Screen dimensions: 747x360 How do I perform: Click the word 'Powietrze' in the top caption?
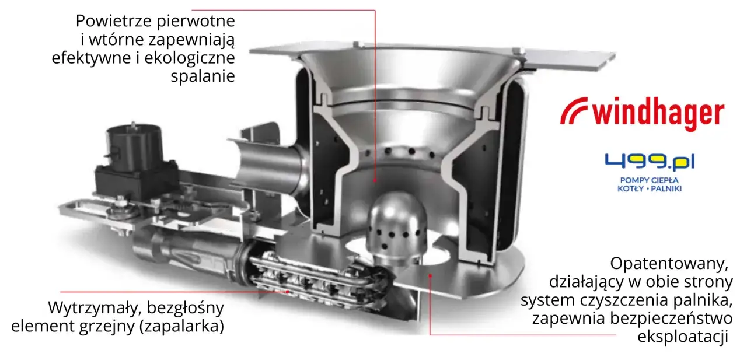tap(114, 20)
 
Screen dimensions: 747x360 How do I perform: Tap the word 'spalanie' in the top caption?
tap(203, 76)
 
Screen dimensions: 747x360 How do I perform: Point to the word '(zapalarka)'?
tap(181, 326)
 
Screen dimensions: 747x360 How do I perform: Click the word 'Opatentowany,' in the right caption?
tap(669, 264)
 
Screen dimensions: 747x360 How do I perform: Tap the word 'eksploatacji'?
tap(683, 337)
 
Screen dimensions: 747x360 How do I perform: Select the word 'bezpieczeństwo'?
tap(671, 319)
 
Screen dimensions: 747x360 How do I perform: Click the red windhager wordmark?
tap(658, 113)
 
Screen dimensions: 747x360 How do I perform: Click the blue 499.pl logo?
tap(650, 162)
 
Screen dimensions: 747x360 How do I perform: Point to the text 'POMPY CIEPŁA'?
tap(650, 180)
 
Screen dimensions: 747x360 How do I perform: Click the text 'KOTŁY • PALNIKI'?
tap(650, 188)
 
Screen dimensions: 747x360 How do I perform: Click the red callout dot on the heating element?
tap(288, 292)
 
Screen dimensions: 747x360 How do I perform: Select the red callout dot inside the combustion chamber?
tap(375, 180)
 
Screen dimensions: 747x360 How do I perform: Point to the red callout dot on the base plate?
tap(431, 275)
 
